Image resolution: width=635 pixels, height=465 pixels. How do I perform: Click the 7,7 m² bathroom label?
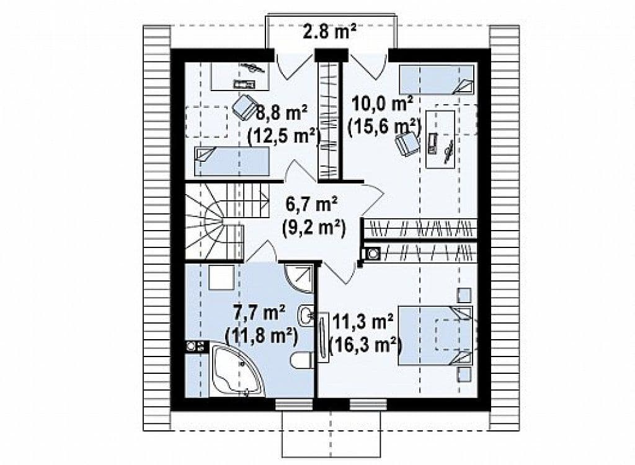[x=260, y=312]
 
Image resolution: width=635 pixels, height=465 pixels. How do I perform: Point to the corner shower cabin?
[x=300, y=278]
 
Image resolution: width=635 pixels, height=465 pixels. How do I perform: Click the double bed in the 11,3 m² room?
[x=435, y=335]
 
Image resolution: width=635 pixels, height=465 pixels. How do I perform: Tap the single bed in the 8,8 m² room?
[x=232, y=161]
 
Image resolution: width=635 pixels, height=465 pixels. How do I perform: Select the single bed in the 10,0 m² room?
[x=437, y=79]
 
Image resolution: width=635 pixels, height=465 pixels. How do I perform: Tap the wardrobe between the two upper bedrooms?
[x=328, y=120]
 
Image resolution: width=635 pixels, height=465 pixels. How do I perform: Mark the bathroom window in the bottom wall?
[x=293, y=404]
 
